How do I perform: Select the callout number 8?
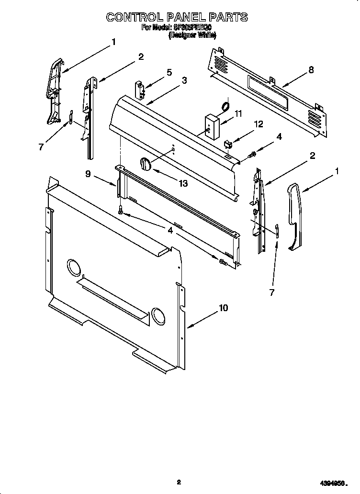pyautogui.click(x=311, y=70)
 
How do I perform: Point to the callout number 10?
pyautogui.click(x=223, y=308)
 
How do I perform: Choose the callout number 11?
pyautogui.click(x=238, y=114)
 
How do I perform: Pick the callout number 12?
pyautogui.click(x=259, y=124)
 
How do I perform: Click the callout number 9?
pyautogui.click(x=88, y=174)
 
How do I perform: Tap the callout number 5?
pyautogui.click(x=169, y=73)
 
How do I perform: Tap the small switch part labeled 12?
pyautogui.click(x=228, y=143)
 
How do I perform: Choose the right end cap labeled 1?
pyautogui.click(x=294, y=217)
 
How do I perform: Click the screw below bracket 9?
pyautogui.click(x=120, y=209)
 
